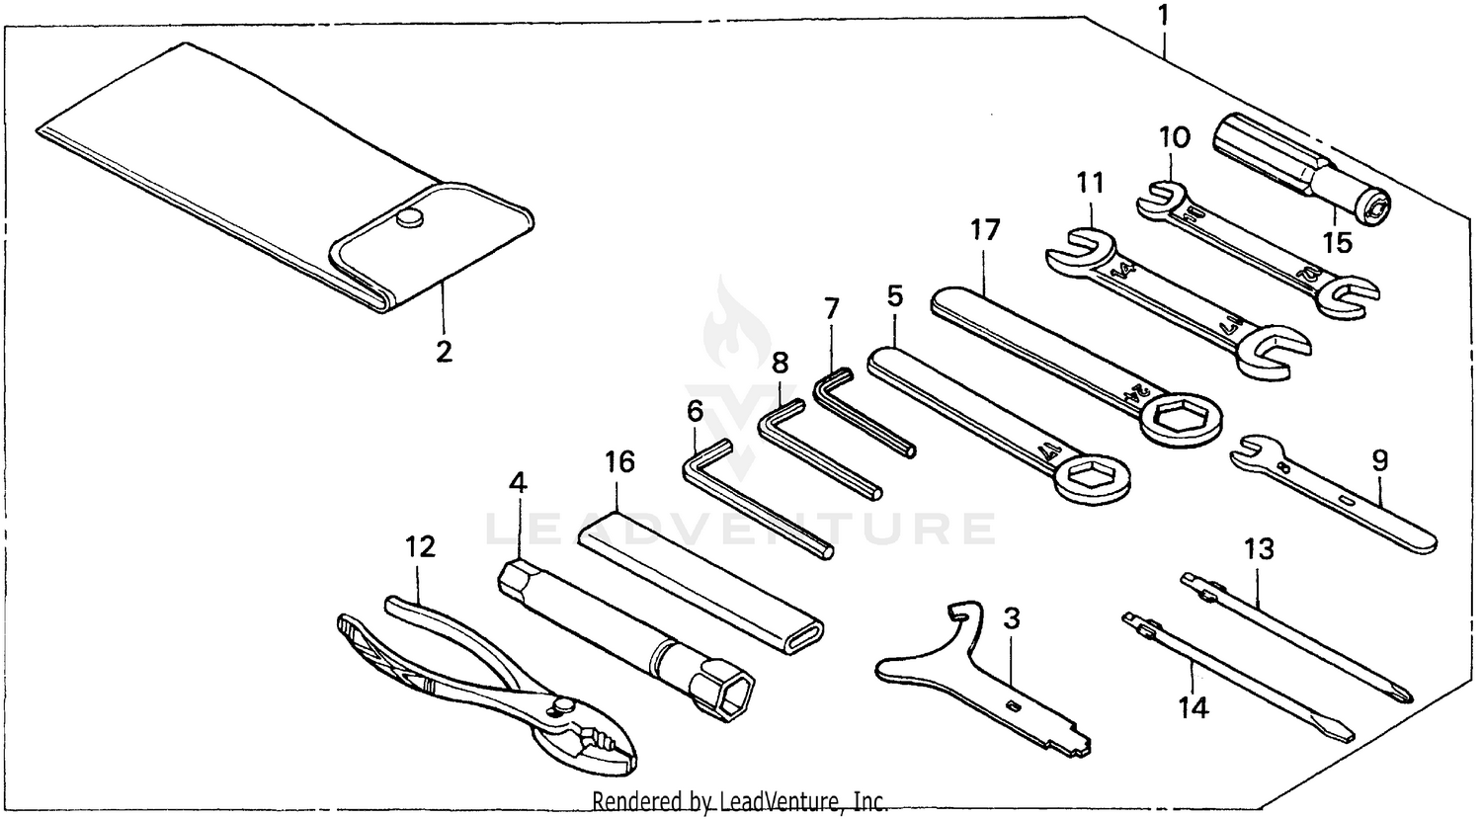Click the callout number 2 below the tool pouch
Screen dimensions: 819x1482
click(x=444, y=351)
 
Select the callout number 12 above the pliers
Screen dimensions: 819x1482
click(x=421, y=546)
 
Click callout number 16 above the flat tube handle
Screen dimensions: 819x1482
click(x=619, y=462)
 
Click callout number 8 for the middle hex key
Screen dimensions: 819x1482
click(x=781, y=363)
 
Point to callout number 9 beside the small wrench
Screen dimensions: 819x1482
click(x=1379, y=460)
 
